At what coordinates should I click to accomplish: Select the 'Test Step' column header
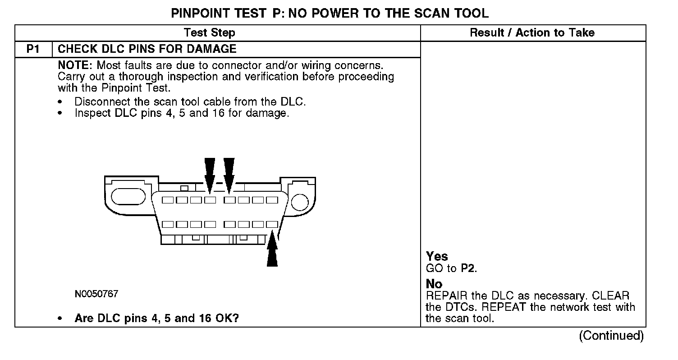tap(210, 33)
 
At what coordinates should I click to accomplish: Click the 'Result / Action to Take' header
tap(532, 33)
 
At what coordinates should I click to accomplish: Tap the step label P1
tap(33, 49)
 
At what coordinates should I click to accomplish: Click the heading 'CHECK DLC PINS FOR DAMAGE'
tap(147, 49)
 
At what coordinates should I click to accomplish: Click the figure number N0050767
tap(96, 295)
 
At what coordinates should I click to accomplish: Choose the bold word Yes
tap(437, 256)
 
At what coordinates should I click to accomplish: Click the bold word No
tap(434, 284)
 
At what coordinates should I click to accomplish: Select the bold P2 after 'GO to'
tap(468, 269)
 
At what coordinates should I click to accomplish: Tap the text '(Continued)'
tap(611, 336)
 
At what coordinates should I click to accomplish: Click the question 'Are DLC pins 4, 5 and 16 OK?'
tap(156, 318)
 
